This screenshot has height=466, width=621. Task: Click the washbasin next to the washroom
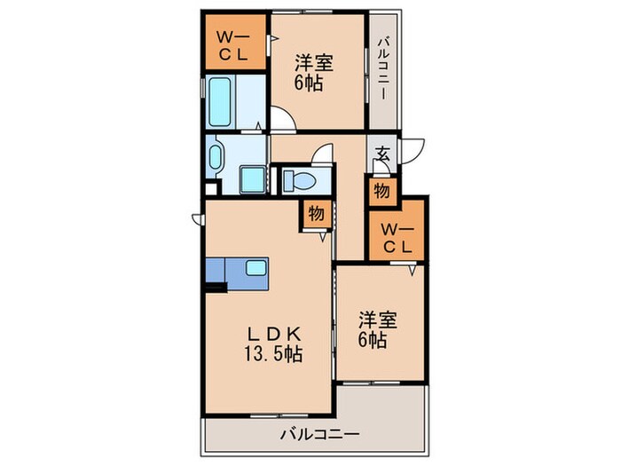(x=216, y=159)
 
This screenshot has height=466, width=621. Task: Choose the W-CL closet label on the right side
(x=396, y=238)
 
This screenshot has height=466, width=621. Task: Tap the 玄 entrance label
(x=382, y=154)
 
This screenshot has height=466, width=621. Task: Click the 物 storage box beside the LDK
(x=316, y=213)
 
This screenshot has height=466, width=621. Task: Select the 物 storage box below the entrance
(x=381, y=189)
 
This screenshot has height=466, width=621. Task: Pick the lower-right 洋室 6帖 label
(x=373, y=328)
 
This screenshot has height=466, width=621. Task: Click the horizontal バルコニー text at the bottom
(x=319, y=435)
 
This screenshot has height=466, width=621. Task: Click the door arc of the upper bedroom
(x=285, y=120)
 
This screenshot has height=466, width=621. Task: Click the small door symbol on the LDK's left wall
(x=195, y=217)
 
